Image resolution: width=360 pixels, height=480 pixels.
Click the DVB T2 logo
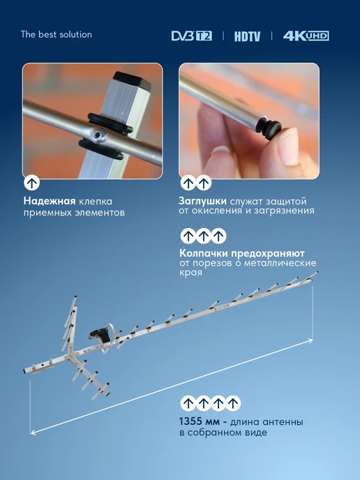(192, 36)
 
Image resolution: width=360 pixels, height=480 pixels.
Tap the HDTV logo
(248, 36)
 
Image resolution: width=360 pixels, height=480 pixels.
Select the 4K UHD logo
(306, 36)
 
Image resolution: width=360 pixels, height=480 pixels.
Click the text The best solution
(57, 34)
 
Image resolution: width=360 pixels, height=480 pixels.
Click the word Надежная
(50, 201)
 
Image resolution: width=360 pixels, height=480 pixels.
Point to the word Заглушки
(202, 201)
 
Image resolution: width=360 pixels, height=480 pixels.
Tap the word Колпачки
(204, 253)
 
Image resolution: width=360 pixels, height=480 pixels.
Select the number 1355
(190, 421)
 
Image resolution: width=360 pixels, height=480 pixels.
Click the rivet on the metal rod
(98, 135)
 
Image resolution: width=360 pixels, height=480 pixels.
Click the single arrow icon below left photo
(32, 183)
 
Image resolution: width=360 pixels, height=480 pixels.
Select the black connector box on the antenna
(99, 336)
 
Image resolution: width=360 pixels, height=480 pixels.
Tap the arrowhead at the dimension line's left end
(33, 432)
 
